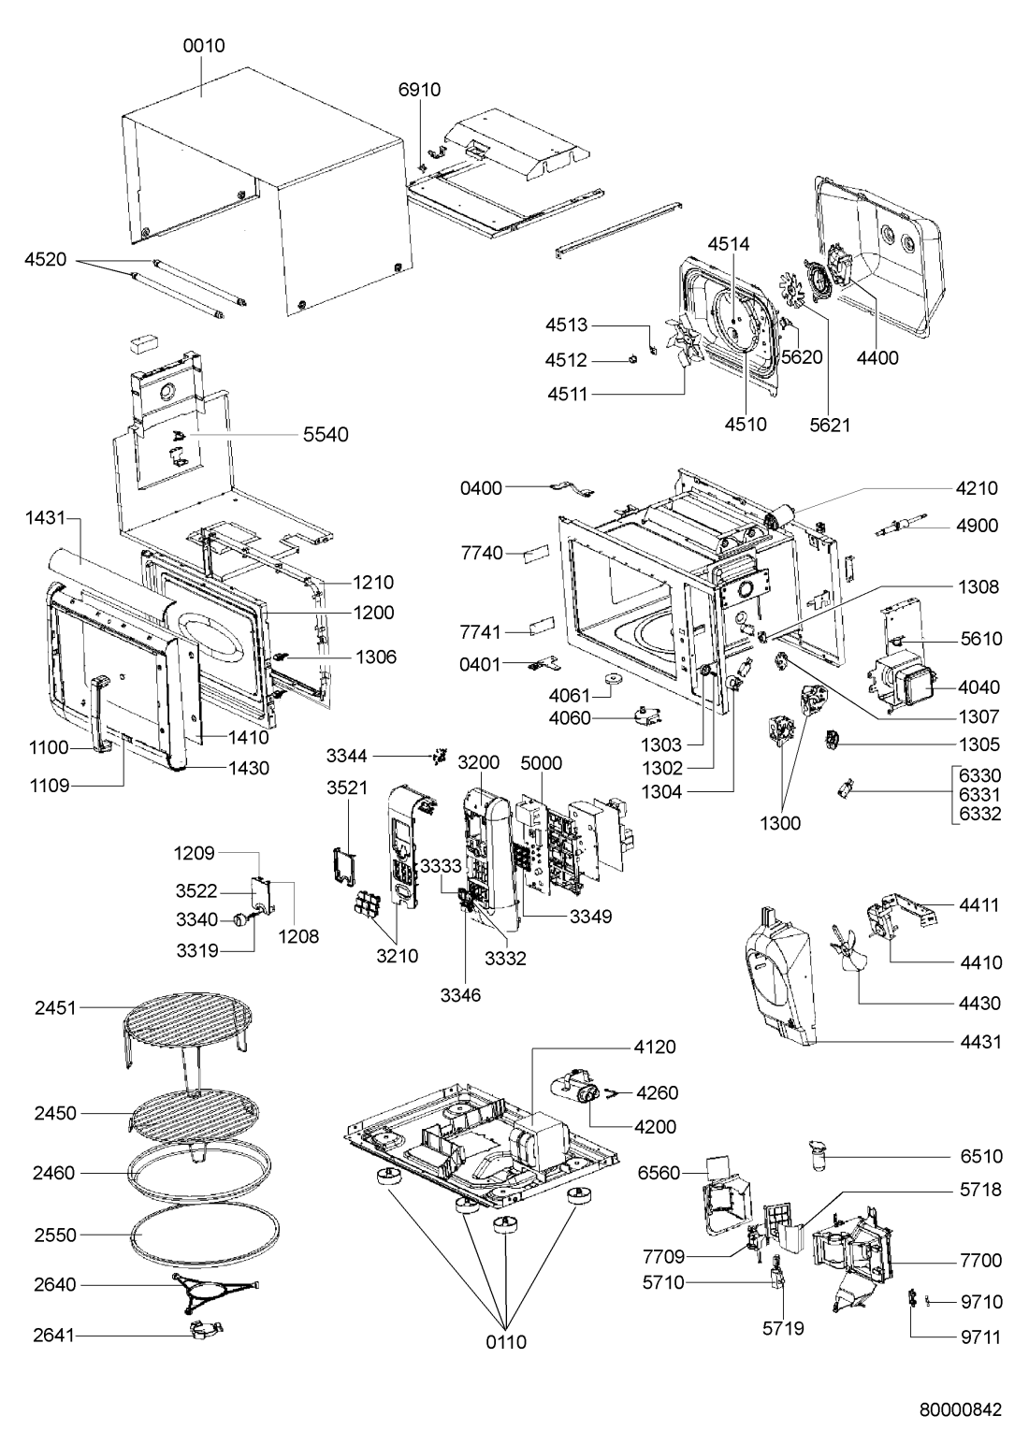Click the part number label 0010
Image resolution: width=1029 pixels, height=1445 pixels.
[x=204, y=46]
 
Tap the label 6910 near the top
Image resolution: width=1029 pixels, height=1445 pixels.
[x=419, y=90]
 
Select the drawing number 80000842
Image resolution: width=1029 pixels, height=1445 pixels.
[x=961, y=1409]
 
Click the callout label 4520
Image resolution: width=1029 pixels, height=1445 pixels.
[x=45, y=259]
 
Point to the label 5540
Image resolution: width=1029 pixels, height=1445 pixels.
[x=326, y=435]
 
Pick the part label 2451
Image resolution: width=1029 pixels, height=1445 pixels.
[x=55, y=1007]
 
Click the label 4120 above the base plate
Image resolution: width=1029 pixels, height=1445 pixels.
[x=655, y=1047]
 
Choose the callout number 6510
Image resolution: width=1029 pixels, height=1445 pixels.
[x=981, y=1156]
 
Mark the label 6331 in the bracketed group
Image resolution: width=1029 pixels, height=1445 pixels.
[x=980, y=794]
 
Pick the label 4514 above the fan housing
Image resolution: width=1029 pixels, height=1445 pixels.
[x=729, y=244]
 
